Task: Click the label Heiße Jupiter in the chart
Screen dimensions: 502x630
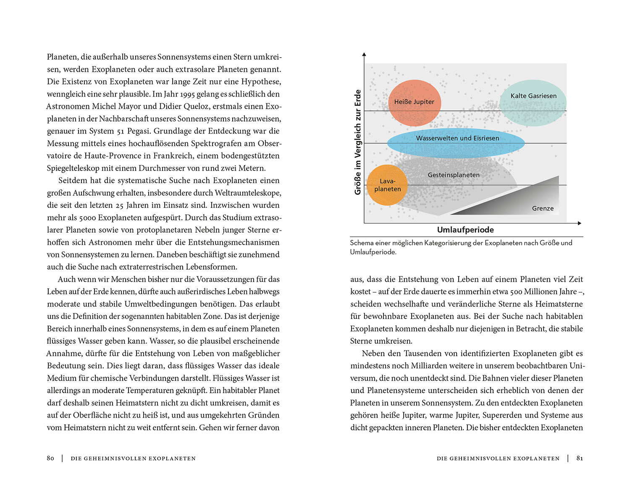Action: coord(414,102)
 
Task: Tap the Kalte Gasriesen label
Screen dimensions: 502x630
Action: coord(533,96)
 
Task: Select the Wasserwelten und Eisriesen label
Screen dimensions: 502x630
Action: coord(457,138)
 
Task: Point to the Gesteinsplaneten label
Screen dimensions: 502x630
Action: coord(454,175)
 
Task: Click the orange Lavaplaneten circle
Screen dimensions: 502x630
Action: coord(387,185)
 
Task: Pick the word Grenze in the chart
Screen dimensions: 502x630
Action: coord(543,208)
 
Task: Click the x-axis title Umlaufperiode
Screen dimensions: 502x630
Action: coord(465,230)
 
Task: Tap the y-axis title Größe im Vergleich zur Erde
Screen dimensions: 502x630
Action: coord(358,142)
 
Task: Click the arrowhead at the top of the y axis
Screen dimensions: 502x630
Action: coord(364,54)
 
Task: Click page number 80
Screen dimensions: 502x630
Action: coord(50,458)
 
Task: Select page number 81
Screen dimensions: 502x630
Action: coord(580,458)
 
